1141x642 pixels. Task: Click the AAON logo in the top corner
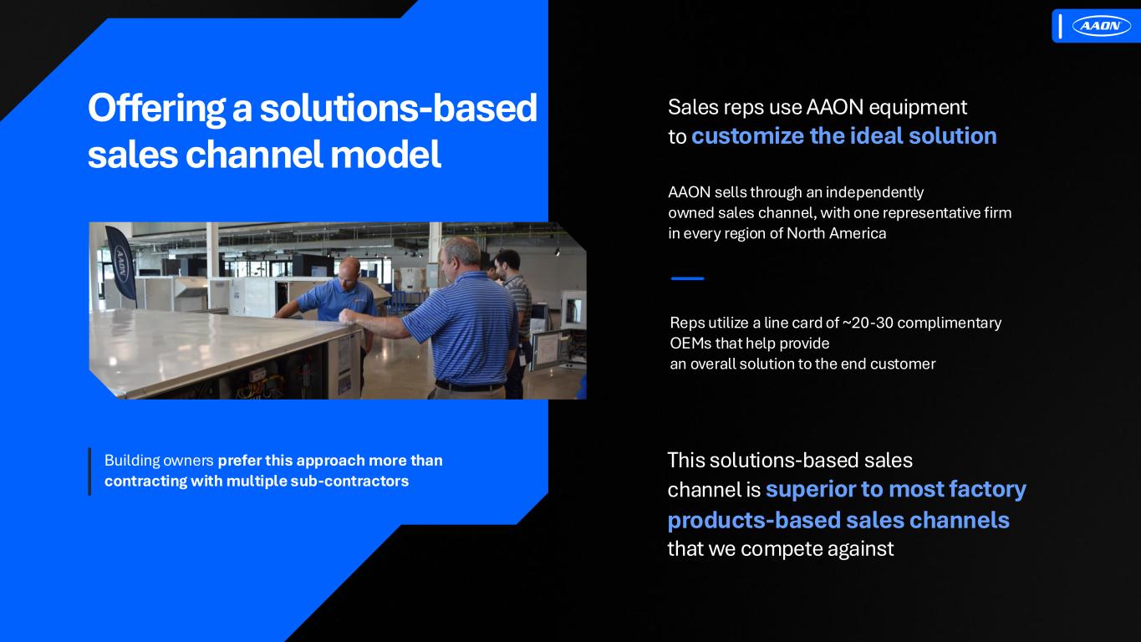pyautogui.click(x=1101, y=26)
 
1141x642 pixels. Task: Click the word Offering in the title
pyautogui.click(x=156, y=109)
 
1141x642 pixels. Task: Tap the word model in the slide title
pyautogui.click(x=385, y=154)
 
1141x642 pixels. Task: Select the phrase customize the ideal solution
pyautogui.click(x=844, y=136)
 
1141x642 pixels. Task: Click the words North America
pyautogui.click(x=837, y=233)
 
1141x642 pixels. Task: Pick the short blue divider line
pyautogui.click(x=687, y=278)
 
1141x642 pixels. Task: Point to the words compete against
pyautogui.click(x=817, y=548)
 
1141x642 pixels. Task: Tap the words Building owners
pyautogui.click(x=159, y=461)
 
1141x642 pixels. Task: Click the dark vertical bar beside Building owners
pyautogui.click(x=89, y=471)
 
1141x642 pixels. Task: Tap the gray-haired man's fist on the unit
pyautogui.click(x=348, y=317)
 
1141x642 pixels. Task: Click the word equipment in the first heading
pyautogui.click(x=917, y=108)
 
